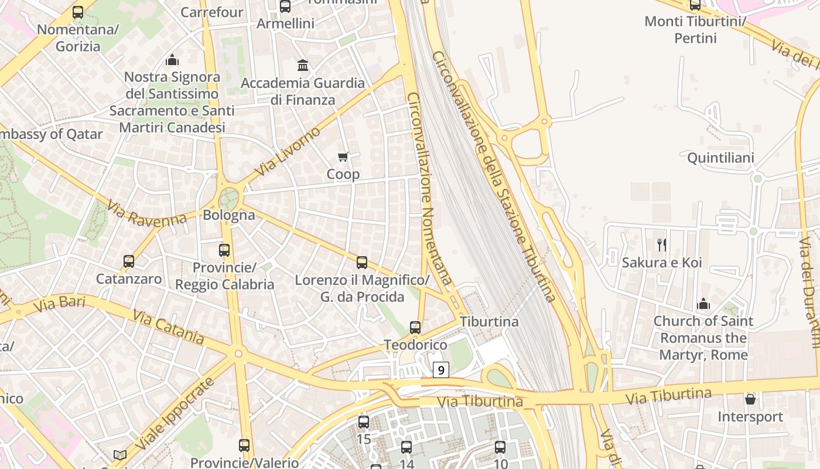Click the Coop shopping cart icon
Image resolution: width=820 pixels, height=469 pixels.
pos(343,157)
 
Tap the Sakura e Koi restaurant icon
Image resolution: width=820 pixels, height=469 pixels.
pos(662,244)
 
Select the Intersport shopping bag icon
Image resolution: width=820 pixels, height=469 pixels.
pos(750,399)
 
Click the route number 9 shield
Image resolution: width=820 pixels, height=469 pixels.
pos(441,370)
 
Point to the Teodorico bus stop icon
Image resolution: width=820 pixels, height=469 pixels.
pos(415,327)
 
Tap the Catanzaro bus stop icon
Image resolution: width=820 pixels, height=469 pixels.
pos(129,261)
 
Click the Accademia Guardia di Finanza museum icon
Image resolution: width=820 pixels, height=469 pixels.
pos(303,65)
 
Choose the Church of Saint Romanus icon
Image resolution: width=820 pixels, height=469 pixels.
pos(703,304)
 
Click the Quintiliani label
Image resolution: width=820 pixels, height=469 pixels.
pos(720,158)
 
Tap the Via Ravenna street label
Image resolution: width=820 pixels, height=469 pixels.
pos(146,213)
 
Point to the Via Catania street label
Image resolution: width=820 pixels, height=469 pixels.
pos(169,327)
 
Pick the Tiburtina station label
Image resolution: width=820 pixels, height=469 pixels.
pos(489,322)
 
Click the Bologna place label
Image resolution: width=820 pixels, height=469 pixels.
pos(229,215)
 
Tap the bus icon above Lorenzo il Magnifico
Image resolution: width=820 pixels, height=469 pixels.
pos(362,262)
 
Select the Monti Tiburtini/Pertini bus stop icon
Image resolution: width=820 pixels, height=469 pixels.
pos(695,5)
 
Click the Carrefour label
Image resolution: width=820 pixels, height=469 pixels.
pos(212,12)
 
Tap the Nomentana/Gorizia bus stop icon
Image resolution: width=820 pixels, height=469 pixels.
pos(78,12)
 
